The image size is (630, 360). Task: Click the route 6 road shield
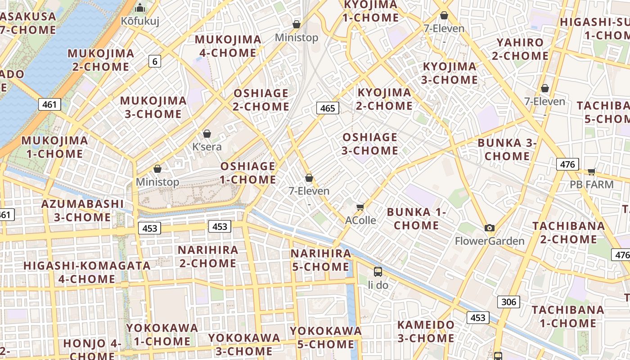point(155,61)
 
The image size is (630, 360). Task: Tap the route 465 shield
point(328,108)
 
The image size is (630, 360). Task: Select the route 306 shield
point(508,301)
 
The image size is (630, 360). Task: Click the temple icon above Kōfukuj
point(140,8)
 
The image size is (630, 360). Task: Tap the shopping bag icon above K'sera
point(207,134)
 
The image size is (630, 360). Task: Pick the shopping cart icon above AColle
point(360,207)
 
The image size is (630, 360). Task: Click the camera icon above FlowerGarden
point(490,228)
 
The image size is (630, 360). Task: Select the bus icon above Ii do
point(378,272)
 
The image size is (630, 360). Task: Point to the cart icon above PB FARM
point(591,171)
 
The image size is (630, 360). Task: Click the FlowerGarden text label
point(490,241)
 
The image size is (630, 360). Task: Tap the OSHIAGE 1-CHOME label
point(248,173)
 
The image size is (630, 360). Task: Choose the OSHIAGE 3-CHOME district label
point(370,144)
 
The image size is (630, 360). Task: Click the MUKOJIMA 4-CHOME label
point(228,46)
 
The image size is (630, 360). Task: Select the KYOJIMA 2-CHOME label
point(384,99)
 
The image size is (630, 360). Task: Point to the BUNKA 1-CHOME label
point(416,219)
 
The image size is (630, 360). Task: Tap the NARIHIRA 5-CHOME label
point(320,260)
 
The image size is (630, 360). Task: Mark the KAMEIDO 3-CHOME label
point(426,331)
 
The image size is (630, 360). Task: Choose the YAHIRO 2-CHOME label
point(520,49)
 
